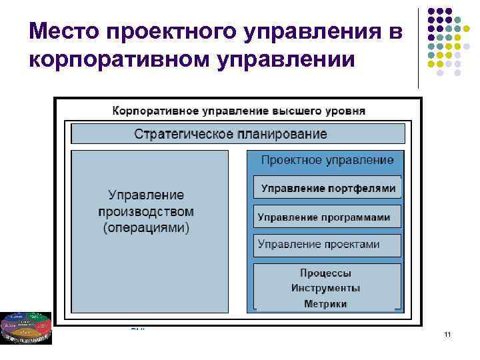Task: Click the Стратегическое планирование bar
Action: pyautogui.click(x=237, y=133)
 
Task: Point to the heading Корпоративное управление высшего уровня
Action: pyautogui.click(x=238, y=110)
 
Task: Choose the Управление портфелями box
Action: pyautogui.click(x=327, y=188)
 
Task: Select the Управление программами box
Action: pyautogui.click(x=327, y=217)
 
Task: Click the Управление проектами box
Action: pyautogui.click(x=327, y=245)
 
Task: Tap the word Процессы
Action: pyautogui.click(x=325, y=273)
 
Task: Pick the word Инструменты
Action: pyautogui.click(x=325, y=289)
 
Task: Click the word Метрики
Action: pyautogui.click(x=325, y=304)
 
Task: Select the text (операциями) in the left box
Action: pyautogui.click(x=146, y=228)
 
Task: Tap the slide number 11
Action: pyautogui.click(x=447, y=334)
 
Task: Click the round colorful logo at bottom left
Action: pyautogui.click(x=25, y=327)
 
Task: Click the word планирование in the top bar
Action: pyautogui.click(x=281, y=133)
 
